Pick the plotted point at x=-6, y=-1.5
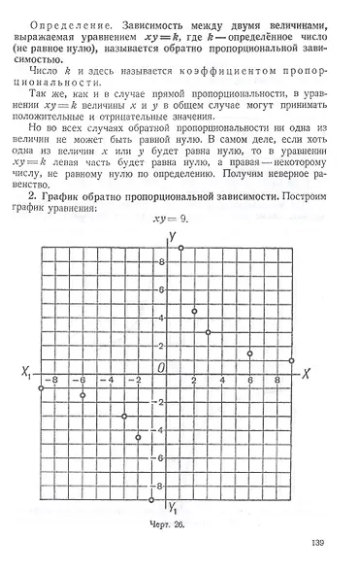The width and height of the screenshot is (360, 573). pos(82,395)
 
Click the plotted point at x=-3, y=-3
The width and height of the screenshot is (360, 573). pos(124,416)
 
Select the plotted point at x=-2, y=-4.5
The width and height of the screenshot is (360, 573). pos(139,437)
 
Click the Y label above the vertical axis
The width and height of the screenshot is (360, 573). pos(171,236)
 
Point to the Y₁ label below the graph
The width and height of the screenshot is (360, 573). pos(173,508)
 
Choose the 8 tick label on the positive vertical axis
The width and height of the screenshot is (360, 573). pos(161,262)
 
